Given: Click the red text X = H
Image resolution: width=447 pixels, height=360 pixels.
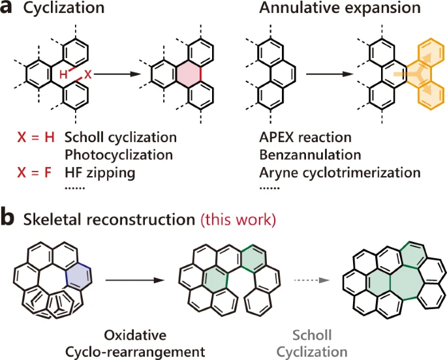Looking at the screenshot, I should click(x=36, y=138).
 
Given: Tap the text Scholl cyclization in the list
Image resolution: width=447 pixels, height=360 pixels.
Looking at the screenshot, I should click(x=121, y=138).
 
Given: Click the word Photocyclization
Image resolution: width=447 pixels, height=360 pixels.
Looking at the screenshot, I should click(x=118, y=155).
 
